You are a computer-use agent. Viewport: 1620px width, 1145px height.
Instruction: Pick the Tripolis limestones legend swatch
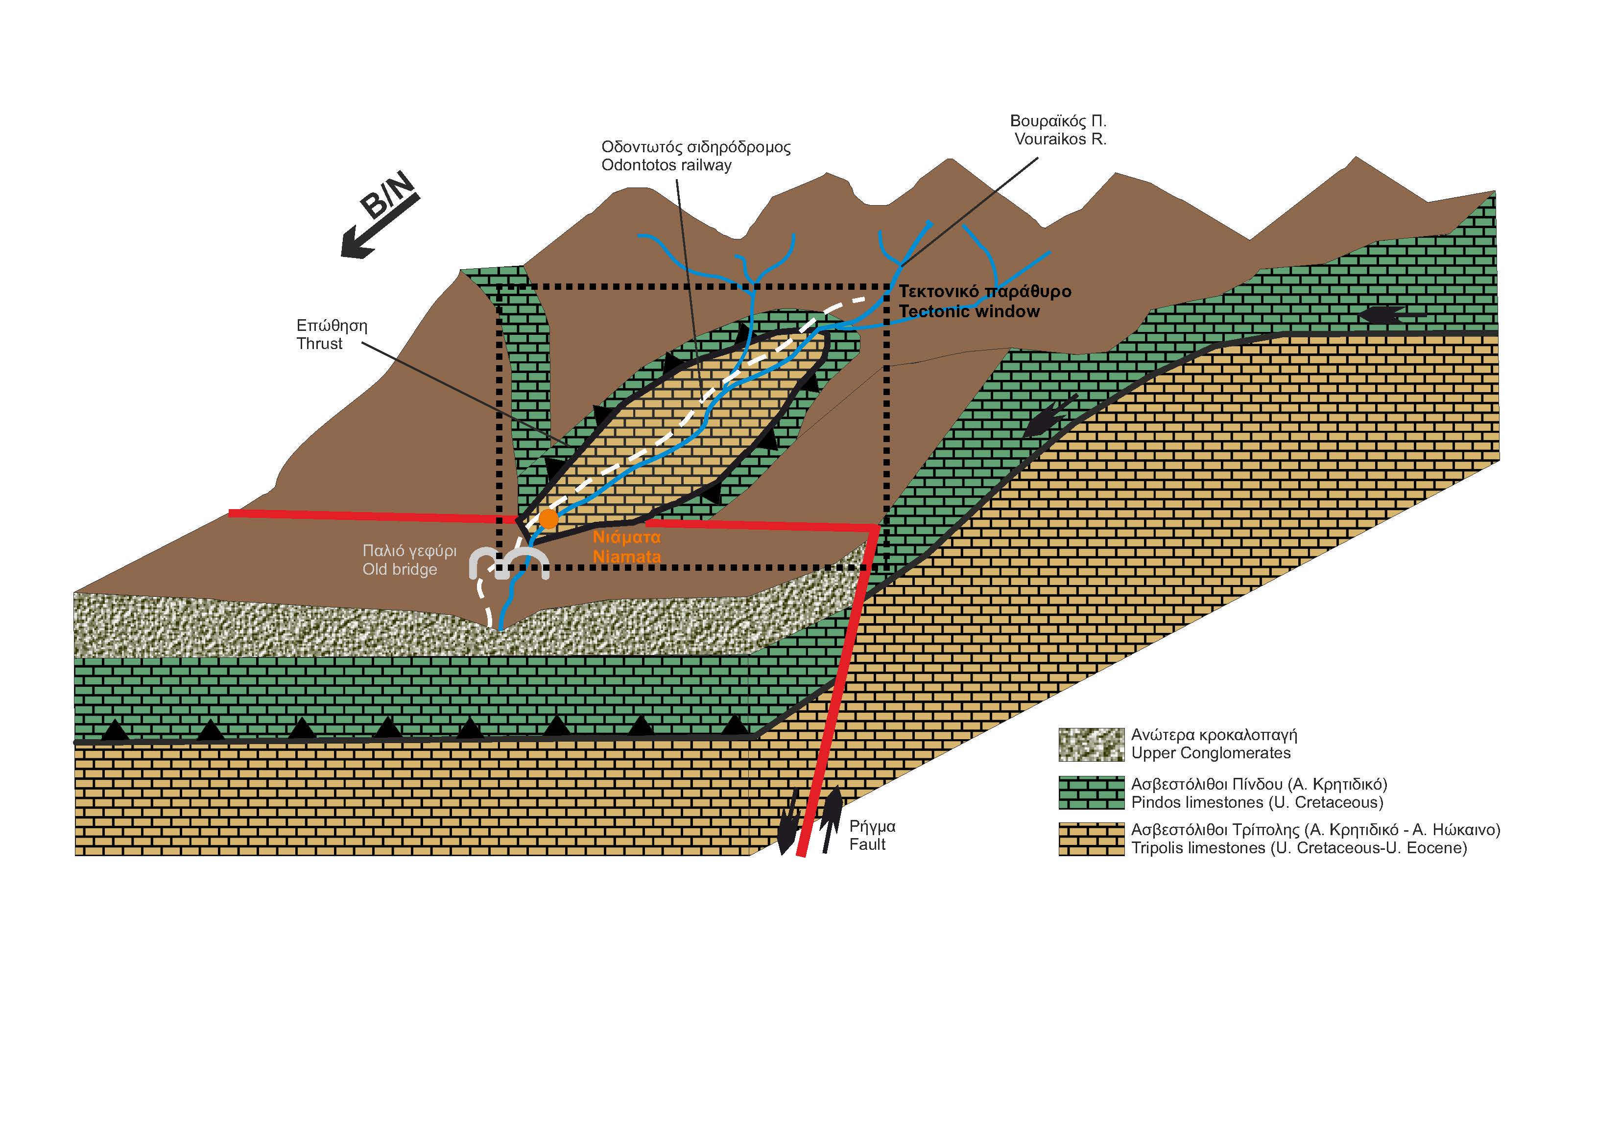pyautogui.click(x=1091, y=839)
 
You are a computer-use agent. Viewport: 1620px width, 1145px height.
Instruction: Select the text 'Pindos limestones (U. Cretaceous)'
pyautogui.click(x=1257, y=802)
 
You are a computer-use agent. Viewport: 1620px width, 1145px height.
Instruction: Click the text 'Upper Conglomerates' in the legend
pyautogui.click(x=1211, y=753)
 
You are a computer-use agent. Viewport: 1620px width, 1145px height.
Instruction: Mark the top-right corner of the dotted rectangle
pyautogui.click(x=887, y=287)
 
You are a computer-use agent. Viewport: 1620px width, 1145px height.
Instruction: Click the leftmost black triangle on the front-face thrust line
pyautogui.click(x=115, y=730)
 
